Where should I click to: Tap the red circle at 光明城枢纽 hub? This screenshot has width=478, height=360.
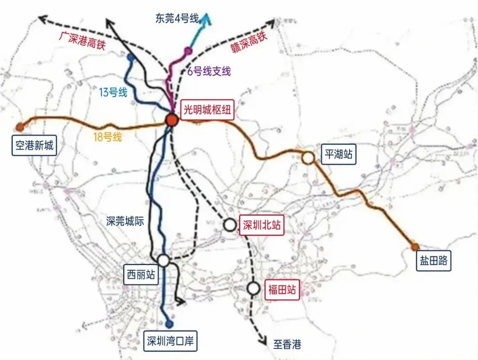pos(171,120)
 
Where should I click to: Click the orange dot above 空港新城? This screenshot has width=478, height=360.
pos(19,127)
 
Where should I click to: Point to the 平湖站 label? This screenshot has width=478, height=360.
pos(339,155)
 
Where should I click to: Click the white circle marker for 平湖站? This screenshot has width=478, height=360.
pos(308,157)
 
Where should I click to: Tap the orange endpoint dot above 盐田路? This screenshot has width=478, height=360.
pos(414,247)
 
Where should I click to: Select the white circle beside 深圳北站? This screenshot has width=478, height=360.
pos(230,225)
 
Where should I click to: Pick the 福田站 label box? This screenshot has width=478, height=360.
pos(281,290)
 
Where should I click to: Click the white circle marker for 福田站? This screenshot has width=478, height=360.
pos(254,288)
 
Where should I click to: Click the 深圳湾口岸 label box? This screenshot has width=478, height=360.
pos(171,342)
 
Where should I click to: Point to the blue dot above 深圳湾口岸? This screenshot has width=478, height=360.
pos(168,324)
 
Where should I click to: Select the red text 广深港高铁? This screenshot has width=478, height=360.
pos(81,41)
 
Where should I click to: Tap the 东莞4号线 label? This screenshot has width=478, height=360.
pos(177,18)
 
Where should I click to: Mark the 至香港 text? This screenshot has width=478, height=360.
pos(287,344)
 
